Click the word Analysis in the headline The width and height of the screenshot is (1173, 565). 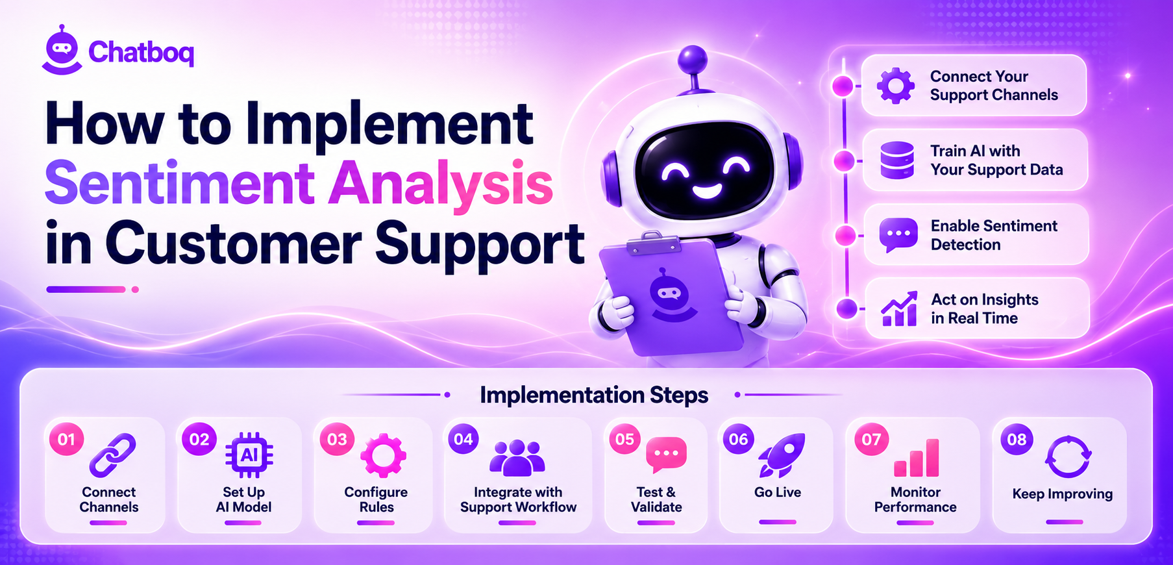[x=441, y=184]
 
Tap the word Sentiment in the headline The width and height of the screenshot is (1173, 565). [x=180, y=184]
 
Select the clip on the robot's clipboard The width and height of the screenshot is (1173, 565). [x=654, y=242]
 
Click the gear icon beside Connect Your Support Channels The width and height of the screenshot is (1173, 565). [x=896, y=86]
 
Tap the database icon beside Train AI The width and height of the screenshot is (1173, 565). [x=897, y=160]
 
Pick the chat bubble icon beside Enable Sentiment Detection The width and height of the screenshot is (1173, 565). [x=898, y=235]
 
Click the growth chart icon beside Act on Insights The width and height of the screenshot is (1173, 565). [x=899, y=308]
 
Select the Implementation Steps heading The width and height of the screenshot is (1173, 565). [x=594, y=395]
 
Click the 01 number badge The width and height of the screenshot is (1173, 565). [x=66, y=440]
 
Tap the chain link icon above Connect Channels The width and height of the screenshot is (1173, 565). [x=112, y=455]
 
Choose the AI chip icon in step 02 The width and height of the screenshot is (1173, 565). [x=249, y=455]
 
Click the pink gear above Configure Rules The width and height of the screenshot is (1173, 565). [x=383, y=456]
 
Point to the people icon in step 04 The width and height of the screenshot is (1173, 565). [x=517, y=458]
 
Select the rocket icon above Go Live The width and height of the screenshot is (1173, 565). [x=782, y=455]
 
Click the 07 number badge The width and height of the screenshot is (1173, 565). [x=871, y=440]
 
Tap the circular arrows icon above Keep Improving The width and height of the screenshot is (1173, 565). [x=1068, y=457]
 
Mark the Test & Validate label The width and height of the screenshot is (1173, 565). [x=656, y=499]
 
